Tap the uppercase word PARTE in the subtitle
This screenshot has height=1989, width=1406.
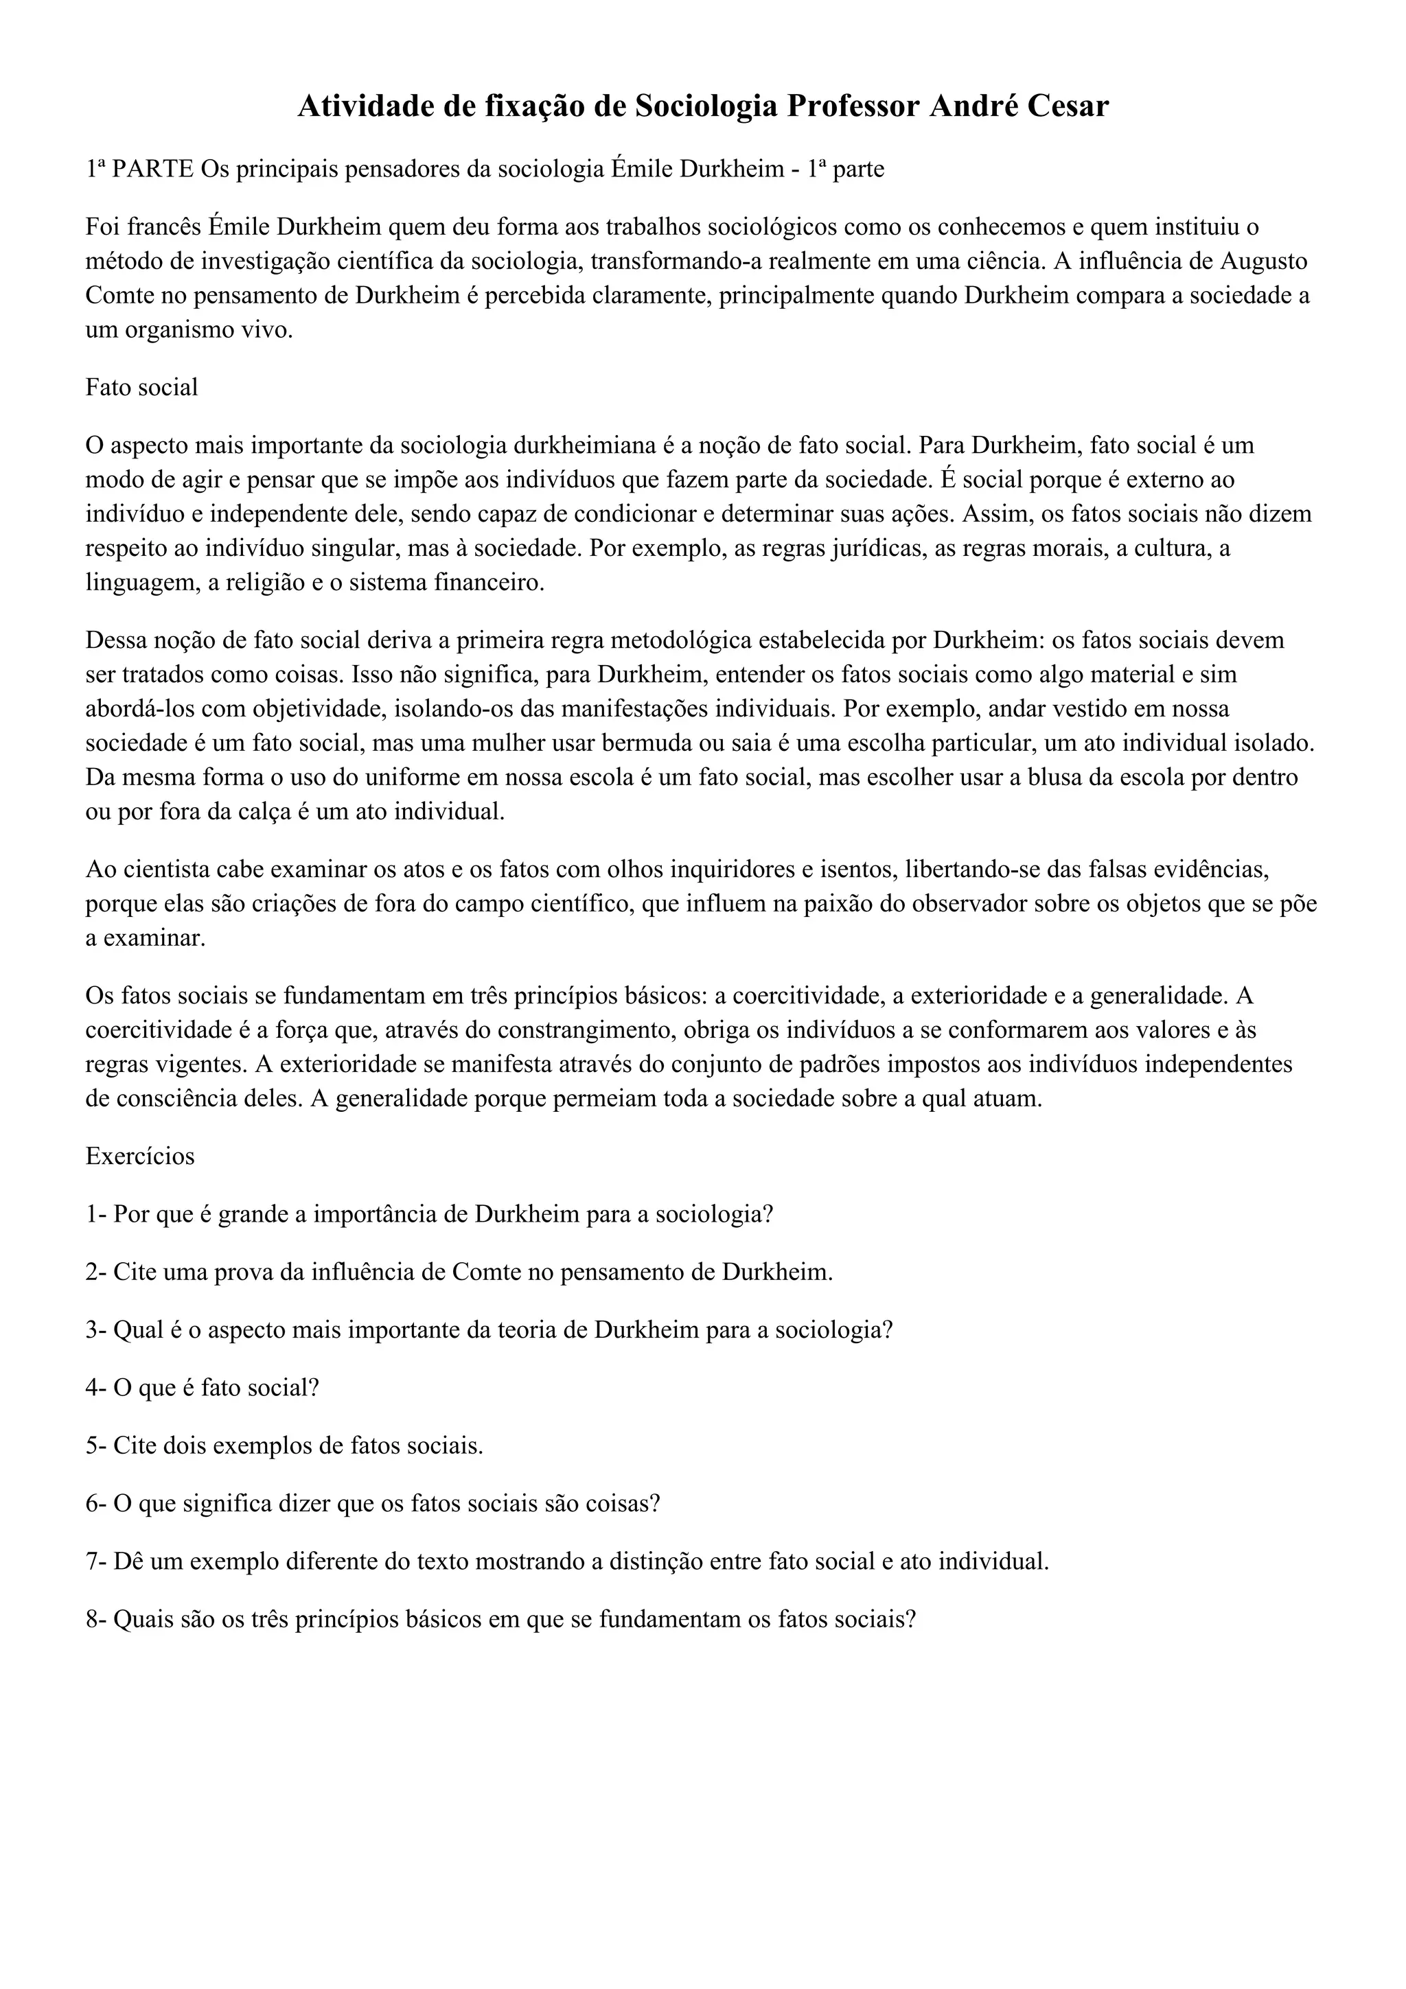[x=153, y=169]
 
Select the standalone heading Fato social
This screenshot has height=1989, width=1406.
[x=141, y=387]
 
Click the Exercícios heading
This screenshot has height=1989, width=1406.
[x=139, y=1156]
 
